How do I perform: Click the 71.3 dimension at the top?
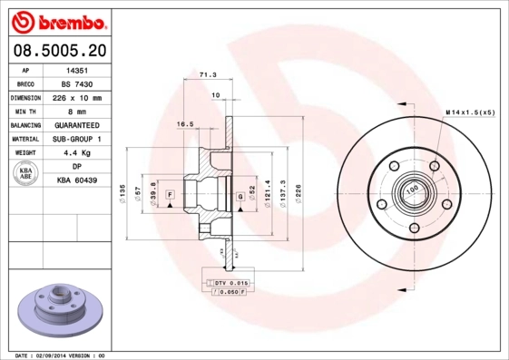[208, 76]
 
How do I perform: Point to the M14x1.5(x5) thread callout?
[470, 112]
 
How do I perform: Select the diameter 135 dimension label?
[122, 192]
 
